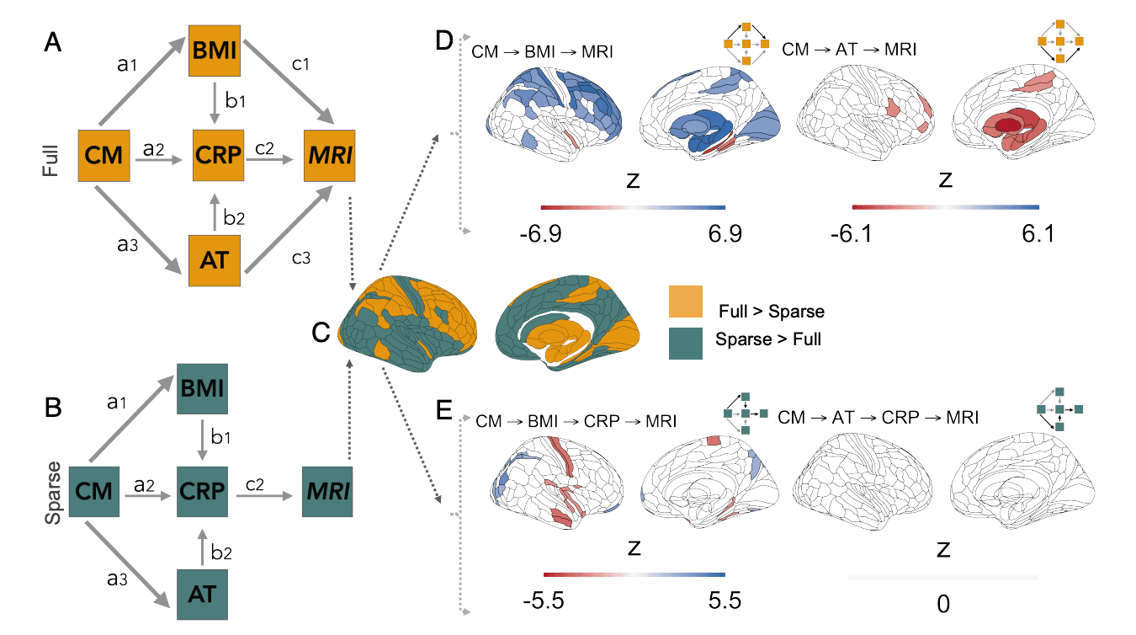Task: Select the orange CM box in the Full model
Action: [103, 155]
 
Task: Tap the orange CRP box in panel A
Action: [218, 155]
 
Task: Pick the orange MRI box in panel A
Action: [329, 155]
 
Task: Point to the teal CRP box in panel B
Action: [203, 489]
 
